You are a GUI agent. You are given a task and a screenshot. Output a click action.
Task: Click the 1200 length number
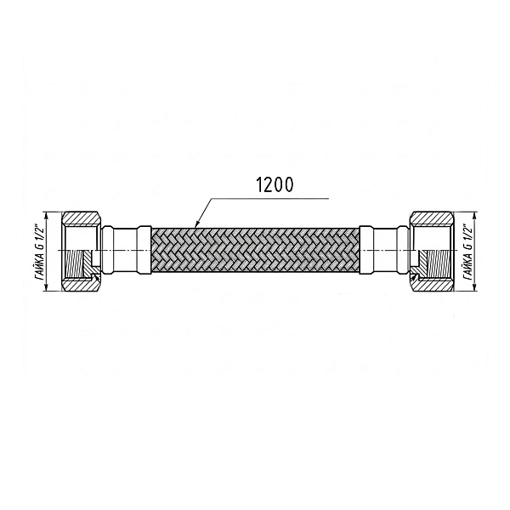[275, 184]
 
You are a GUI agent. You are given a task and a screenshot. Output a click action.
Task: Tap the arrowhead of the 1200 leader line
[196, 224]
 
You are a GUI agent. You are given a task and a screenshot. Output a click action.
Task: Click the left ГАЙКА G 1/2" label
[40, 251]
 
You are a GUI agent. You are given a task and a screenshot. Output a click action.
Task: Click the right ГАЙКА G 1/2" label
[467, 251]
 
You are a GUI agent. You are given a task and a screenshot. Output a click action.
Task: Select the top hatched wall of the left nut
[81, 218]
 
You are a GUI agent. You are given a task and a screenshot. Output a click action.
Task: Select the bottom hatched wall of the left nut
[81, 284]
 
